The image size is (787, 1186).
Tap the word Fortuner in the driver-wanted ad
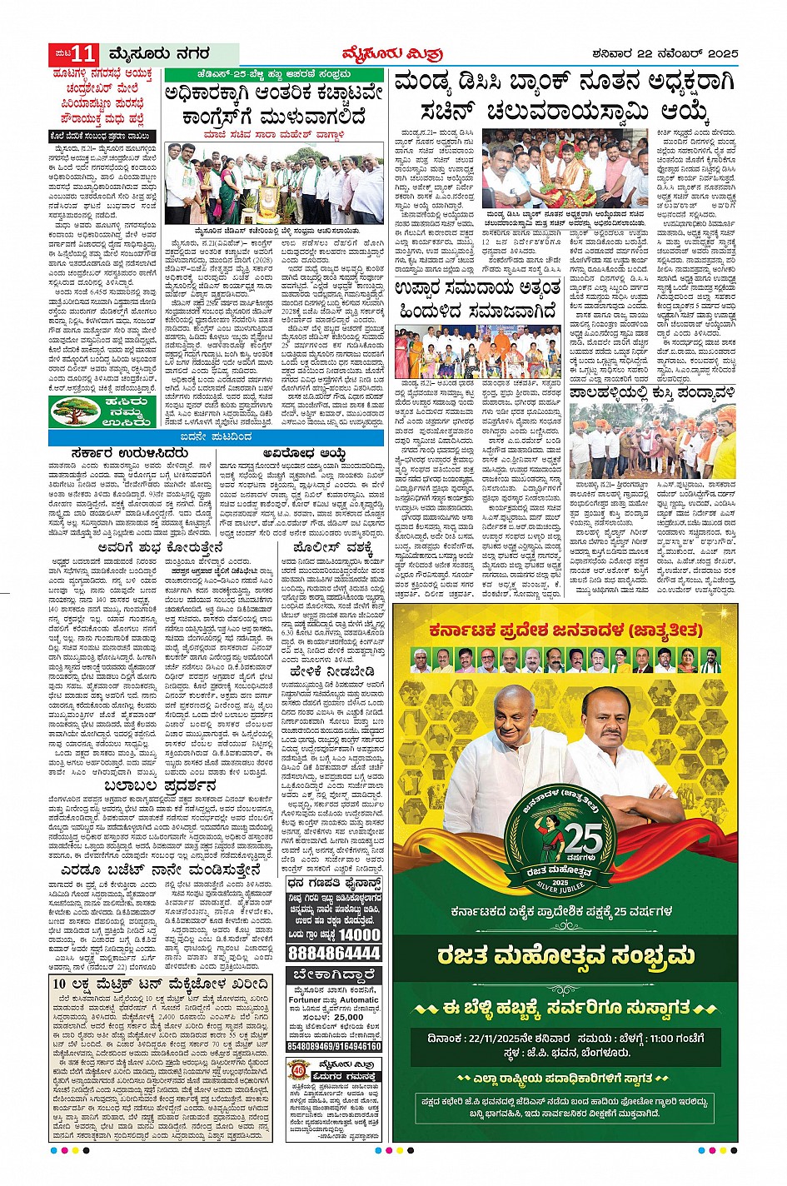306,999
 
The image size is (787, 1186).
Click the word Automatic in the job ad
358,999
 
